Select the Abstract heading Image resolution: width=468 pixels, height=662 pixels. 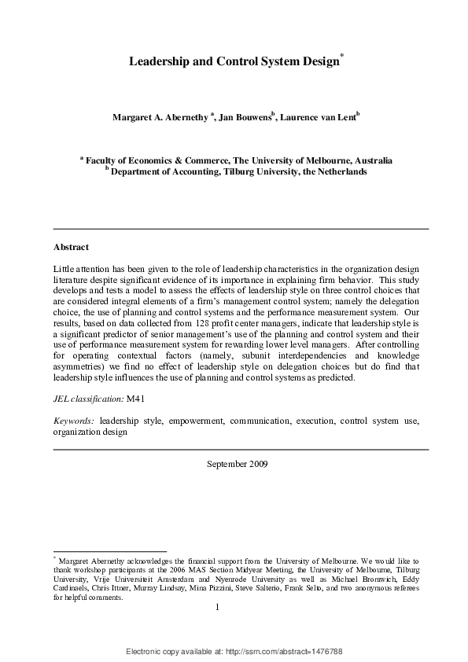[x=71, y=246]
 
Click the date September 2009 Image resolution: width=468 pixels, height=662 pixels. [x=237, y=463]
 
